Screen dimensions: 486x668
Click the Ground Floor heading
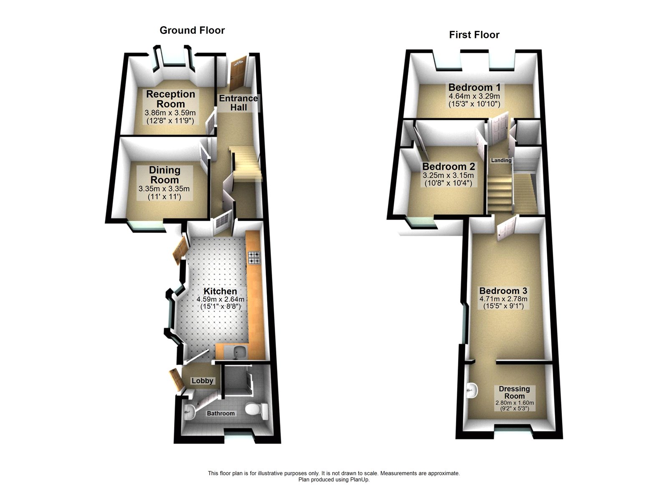coord(192,31)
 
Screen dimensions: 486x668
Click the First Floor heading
coord(474,35)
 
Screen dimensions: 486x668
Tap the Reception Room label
coord(170,99)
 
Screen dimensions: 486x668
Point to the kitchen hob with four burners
coord(254,257)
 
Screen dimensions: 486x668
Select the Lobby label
coord(202,381)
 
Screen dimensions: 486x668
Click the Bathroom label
coord(221,413)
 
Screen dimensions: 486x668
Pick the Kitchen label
coord(220,291)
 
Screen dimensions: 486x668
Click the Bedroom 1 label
coord(474,87)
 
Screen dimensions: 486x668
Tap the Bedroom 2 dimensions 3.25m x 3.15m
coord(448,176)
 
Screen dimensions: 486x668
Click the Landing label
coord(501,160)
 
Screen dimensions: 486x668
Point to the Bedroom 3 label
coord(503,291)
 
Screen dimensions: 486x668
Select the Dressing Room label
coord(514,392)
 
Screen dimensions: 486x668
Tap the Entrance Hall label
coord(238,103)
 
